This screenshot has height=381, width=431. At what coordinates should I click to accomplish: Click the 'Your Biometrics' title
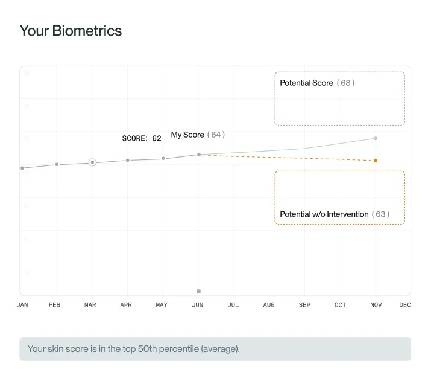(71, 31)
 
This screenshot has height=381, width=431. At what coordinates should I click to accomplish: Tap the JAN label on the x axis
(22, 305)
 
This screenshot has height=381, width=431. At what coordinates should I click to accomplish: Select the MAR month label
(90, 305)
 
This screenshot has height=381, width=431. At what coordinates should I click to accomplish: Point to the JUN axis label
(198, 305)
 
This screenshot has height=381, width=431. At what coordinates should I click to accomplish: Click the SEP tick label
(305, 305)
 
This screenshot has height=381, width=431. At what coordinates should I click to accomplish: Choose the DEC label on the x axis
(405, 305)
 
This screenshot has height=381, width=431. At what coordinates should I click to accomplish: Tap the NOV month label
(376, 305)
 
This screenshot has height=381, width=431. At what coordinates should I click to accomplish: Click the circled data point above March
(92, 162)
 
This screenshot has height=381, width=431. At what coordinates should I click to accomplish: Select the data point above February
(57, 164)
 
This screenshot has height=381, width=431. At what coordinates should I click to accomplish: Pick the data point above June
(199, 155)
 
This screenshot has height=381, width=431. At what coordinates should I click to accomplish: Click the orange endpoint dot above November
(376, 161)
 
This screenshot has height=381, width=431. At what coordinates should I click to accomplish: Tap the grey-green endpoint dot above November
(376, 138)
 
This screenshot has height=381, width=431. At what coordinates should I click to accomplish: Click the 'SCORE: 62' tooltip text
(142, 138)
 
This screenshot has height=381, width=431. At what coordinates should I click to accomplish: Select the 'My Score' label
(187, 135)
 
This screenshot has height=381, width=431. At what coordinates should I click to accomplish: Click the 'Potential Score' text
(306, 83)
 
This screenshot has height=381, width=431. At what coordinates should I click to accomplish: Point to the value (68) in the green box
(345, 83)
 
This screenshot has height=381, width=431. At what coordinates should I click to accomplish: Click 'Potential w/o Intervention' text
(324, 214)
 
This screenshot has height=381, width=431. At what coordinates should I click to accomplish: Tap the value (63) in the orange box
(380, 214)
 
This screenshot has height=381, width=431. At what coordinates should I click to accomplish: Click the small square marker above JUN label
(198, 292)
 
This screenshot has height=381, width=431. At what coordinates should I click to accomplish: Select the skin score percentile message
(133, 349)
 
